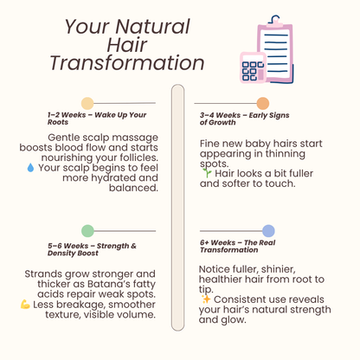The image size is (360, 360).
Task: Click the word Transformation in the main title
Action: point(126,63)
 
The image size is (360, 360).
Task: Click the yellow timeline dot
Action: point(87,104)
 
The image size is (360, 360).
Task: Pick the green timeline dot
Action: point(87,230)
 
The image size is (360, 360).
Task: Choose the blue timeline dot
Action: point(269,230)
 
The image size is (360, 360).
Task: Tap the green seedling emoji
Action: point(205,172)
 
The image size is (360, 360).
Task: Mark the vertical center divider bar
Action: point(178,208)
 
